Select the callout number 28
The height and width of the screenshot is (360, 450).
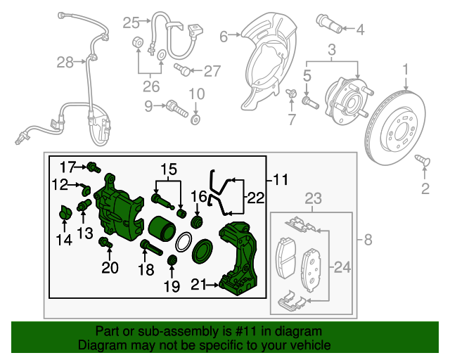65,63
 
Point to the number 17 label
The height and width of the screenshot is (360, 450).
67,166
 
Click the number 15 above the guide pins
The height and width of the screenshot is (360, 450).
169,169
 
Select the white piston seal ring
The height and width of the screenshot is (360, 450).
182,243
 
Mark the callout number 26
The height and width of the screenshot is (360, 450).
150,87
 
